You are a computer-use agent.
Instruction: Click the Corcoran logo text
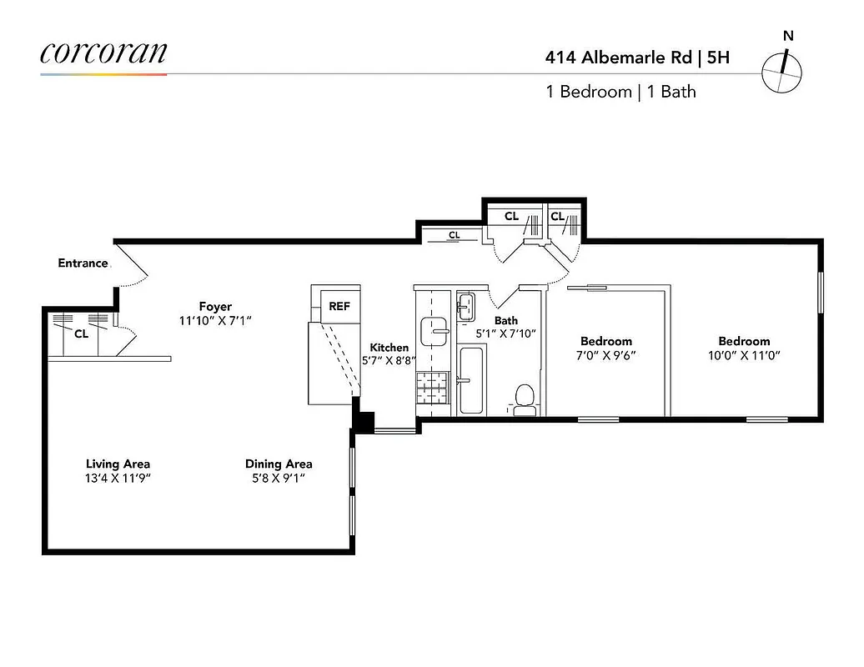[x=103, y=53]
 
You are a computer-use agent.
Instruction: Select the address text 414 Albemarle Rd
[x=618, y=58]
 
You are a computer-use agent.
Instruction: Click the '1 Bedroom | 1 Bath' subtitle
[x=620, y=92]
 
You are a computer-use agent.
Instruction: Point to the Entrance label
[x=83, y=263]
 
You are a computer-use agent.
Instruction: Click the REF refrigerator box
[x=339, y=306]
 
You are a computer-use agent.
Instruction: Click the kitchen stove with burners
[x=433, y=389]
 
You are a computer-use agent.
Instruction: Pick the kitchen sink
[x=434, y=331]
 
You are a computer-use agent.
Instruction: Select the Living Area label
[x=118, y=464]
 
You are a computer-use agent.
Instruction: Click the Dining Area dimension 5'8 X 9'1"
[x=279, y=478]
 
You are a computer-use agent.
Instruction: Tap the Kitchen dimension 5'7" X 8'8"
[x=389, y=361]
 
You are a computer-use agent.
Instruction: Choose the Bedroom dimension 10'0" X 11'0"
[x=744, y=354]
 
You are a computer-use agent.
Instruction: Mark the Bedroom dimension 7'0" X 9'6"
[x=605, y=354]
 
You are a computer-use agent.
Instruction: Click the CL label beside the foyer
[x=82, y=333]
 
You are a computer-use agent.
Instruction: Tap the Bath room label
[x=505, y=320]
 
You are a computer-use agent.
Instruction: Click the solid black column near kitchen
[x=363, y=421]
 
